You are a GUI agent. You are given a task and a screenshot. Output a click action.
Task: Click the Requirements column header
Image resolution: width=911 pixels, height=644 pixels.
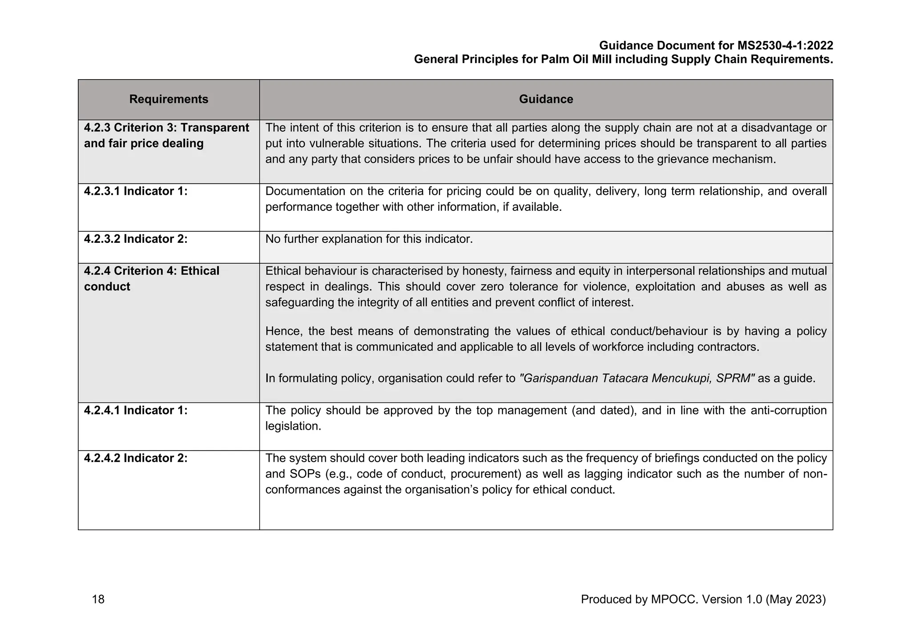(x=169, y=99)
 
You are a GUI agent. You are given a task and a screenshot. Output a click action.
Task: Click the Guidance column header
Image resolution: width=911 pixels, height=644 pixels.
(x=546, y=99)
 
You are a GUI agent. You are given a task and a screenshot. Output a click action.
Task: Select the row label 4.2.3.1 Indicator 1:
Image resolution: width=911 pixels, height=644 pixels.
(x=136, y=191)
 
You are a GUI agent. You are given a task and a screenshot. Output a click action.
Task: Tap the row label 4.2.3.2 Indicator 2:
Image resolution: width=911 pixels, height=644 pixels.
(x=136, y=239)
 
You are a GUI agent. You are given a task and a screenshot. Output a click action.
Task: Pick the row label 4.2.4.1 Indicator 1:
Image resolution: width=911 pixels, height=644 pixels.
(x=136, y=411)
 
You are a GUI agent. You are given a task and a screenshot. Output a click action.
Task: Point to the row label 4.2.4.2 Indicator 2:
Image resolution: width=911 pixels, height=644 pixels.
(x=136, y=458)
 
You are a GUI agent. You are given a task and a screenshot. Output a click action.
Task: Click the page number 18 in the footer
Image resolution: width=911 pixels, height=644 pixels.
(x=98, y=600)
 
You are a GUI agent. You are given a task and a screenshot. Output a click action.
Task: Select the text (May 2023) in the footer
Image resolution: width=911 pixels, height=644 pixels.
(x=795, y=600)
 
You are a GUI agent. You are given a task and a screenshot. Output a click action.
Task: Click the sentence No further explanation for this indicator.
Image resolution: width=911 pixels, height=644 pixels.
(x=369, y=239)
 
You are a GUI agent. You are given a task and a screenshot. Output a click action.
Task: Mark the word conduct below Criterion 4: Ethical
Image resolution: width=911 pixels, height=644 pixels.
(x=107, y=287)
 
